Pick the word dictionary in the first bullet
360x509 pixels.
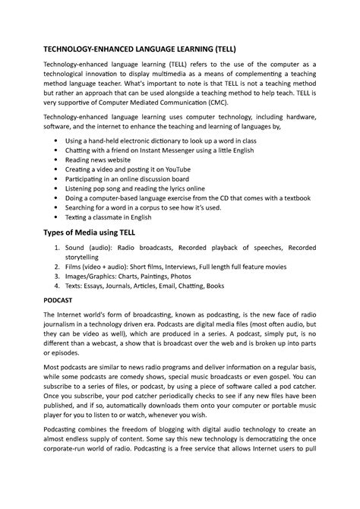(x=176, y=141)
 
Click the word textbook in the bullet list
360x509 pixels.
(x=292, y=197)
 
